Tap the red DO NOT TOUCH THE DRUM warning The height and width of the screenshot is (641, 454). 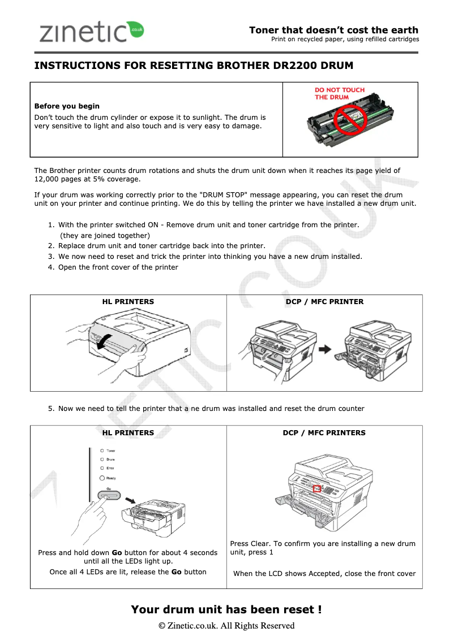[x=340, y=93]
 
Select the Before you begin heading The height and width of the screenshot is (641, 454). [x=67, y=106]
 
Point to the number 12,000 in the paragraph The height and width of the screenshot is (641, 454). [x=48, y=179]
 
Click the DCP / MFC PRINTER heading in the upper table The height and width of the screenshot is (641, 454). [x=324, y=301]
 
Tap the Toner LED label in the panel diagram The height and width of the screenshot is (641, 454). [x=111, y=451]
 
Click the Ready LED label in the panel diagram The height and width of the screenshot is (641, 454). [x=112, y=478]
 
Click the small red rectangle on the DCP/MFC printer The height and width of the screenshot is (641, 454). [x=317, y=488]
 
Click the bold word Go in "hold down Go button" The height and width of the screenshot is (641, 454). [x=117, y=552]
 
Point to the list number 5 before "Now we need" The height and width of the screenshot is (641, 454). [x=51, y=408]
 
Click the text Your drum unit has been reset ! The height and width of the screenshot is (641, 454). [x=226, y=609]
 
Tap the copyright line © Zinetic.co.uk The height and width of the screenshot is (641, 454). [x=226, y=625]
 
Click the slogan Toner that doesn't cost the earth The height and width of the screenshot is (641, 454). [x=333, y=30]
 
